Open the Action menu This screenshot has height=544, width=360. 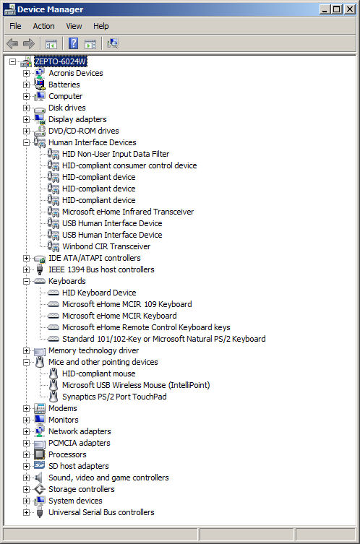44,26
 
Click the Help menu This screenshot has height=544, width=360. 101,26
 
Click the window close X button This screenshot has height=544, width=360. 350,9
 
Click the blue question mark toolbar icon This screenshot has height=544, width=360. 73,43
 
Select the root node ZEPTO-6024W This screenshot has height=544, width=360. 61,61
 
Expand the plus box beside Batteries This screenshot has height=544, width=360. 26,85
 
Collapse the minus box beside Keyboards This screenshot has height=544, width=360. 26,281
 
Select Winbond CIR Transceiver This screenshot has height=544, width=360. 106,246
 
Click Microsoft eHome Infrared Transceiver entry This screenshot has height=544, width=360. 128,212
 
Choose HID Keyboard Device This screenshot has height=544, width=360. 99,293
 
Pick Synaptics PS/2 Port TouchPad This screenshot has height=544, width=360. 114,397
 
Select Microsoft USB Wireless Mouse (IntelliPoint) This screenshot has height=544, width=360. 136,385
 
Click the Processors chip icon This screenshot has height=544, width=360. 40,454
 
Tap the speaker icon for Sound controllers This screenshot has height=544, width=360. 39,478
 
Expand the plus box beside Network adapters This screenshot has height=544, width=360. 26,431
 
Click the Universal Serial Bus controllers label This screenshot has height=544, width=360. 101,512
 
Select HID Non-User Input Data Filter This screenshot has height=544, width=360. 116,154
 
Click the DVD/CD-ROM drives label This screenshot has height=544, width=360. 84,131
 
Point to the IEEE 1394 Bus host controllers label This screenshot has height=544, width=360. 101,269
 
